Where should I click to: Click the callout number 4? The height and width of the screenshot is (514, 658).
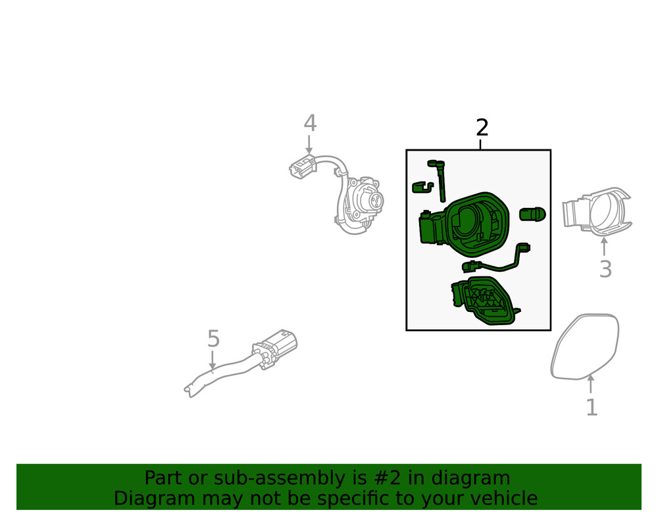coord(310,123)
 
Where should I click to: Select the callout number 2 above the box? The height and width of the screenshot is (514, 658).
coord(482,128)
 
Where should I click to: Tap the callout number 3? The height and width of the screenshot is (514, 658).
coord(605,269)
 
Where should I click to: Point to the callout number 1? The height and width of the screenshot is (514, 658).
coord(592,407)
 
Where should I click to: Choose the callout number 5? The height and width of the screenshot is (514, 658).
coord(214,339)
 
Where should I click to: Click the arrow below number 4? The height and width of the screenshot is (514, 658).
coord(309,144)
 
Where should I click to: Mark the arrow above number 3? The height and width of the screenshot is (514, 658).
coord(604,247)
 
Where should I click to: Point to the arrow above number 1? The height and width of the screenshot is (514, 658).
coord(591,384)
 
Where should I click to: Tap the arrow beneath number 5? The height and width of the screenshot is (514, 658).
coord(213,361)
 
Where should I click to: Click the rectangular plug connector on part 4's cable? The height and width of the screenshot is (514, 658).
coord(302,167)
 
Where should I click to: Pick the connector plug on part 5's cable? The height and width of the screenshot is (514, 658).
coord(275,347)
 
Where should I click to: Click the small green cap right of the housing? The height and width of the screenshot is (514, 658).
coord(532,214)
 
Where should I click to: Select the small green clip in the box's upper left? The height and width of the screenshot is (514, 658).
coord(422,187)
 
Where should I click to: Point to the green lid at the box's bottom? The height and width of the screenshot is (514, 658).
coord(485,301)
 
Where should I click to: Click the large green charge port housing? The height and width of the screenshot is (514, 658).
coord(465,225)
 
